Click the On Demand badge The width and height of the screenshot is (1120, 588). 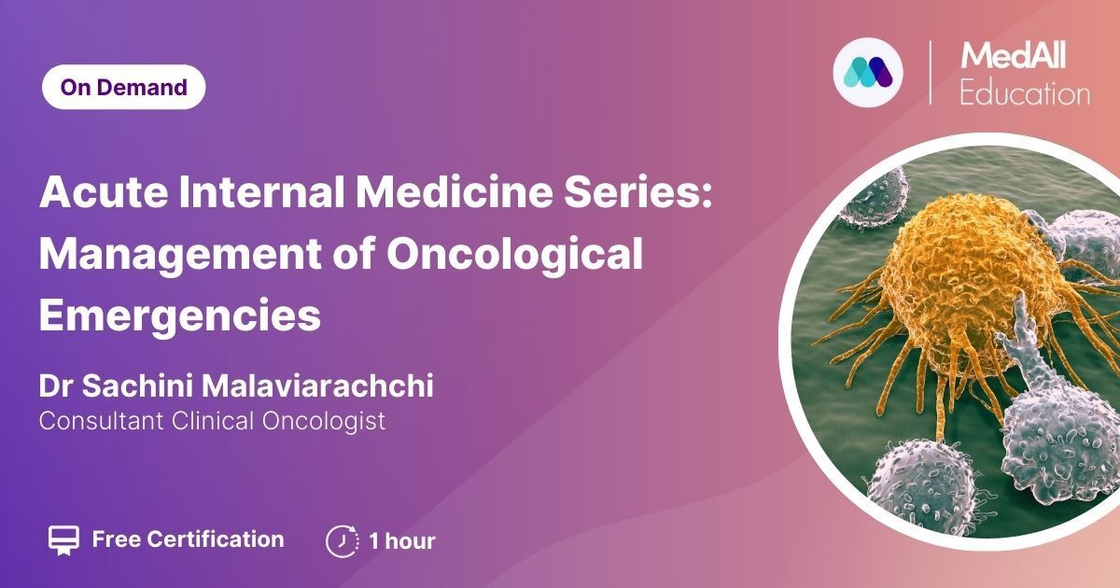tap(123, 87)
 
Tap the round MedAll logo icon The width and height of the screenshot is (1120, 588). tap(868, 73)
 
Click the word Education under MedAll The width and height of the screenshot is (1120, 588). tap(1025, 94)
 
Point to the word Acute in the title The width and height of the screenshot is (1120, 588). tap(104, 191)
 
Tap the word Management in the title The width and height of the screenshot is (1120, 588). tap(180, 256)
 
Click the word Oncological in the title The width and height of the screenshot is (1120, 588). tap(515, 256)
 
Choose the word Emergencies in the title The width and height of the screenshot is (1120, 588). tap(180, 316)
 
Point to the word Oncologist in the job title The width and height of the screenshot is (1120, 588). tap(324, 421)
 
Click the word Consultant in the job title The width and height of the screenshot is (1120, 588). tap(102, 421)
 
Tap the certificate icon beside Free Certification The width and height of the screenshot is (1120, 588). tap(63, 540)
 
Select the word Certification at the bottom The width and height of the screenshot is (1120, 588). tap(216, 539)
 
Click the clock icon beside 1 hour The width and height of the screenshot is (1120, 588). tap(342, 540)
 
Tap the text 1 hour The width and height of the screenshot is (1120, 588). tap(402, 541)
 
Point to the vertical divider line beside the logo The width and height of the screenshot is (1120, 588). tap(931, 73)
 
